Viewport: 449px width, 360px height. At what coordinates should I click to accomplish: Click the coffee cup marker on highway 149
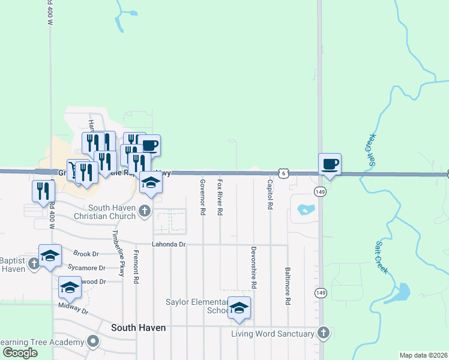click(330, 164)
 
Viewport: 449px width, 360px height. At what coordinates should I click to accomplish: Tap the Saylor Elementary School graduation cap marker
click(240, 309)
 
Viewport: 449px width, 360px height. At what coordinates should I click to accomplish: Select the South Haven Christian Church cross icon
click(144, 211)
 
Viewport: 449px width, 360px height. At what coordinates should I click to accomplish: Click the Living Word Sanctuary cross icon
click(323, 333)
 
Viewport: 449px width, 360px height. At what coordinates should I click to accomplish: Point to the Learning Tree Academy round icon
click(92, 342)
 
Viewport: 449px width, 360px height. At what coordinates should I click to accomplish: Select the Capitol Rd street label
click(270, 194)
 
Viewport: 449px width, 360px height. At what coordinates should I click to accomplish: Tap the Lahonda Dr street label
click(169, 245)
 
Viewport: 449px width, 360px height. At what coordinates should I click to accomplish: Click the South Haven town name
click(138, 328)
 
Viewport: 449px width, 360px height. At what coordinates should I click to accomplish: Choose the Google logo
click(20, 353)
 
